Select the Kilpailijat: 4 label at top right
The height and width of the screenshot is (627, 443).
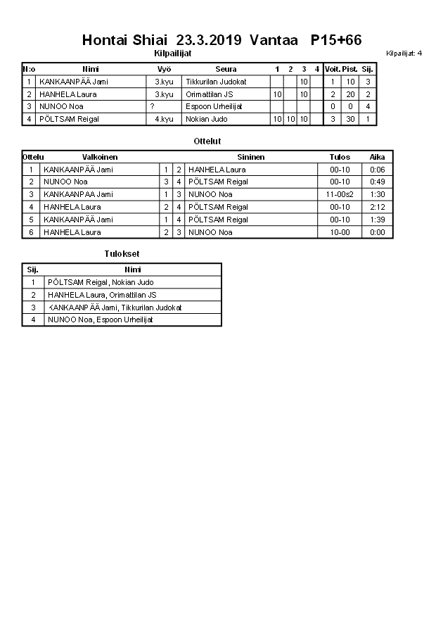[x=404, y=53]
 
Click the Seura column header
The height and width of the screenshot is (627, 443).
[x=226, y=69]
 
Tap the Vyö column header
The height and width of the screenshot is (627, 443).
[x=164, y=69]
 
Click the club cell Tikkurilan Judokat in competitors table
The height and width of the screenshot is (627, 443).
[x=216, y=82]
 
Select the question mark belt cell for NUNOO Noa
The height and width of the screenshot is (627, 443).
[x=152, y=106]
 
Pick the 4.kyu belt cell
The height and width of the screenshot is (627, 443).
[x=164, y=119]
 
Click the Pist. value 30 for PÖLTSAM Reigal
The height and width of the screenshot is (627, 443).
[x=350, y=119]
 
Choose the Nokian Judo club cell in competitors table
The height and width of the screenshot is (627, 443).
[x=207, y=119]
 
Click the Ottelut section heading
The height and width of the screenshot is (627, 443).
[x=207, y=141]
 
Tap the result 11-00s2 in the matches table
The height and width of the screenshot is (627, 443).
[x=340, y=194]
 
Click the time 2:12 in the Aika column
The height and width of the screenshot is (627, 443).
[x=378, y=207]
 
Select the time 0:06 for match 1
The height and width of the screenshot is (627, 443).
[x=378, y=170]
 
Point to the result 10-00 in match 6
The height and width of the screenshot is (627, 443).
[x=340, y=232]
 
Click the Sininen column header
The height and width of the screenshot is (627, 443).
[x=250, y=157]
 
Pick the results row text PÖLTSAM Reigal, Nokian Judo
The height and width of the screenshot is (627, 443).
[x=101, y=282]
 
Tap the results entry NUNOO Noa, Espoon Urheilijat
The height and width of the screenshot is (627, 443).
[x=101, y=319]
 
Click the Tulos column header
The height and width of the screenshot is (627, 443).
[x=340, y=157]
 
